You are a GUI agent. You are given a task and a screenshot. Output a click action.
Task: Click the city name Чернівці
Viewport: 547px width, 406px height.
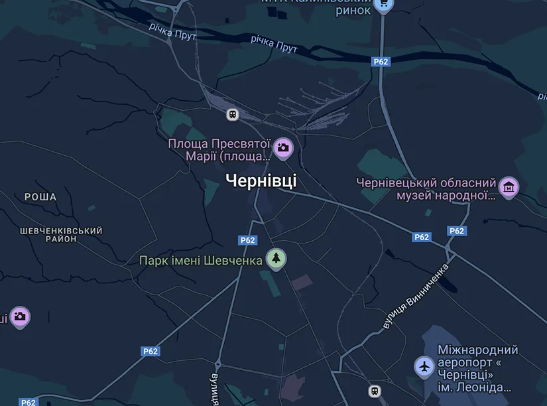click(261, 180)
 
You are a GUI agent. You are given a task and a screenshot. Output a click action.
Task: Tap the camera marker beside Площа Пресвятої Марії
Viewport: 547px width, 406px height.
click(283, 148)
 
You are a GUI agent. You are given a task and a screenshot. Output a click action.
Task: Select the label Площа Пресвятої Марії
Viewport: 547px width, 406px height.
click(219, 150)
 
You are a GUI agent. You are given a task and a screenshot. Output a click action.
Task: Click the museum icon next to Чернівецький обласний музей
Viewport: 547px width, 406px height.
click(509, 188)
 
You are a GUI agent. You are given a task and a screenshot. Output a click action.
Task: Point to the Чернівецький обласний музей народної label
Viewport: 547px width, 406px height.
click(426, 188)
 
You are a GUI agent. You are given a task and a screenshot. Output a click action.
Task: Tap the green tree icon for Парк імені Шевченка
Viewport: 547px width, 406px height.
click(276, 258)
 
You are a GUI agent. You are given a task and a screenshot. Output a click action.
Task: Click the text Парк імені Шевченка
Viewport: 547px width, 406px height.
click(201, 260)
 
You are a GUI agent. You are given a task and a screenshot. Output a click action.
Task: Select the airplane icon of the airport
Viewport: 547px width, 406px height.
click(424, 366)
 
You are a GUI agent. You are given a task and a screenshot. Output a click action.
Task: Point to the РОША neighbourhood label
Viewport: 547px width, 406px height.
click(40, 197)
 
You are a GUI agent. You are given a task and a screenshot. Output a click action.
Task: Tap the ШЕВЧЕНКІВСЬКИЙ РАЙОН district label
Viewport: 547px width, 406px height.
click(61, 235)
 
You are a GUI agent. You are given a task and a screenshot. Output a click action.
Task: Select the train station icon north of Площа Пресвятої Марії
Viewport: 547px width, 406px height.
click(233, 114)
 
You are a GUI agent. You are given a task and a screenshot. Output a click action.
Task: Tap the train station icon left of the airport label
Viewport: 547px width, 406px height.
click(375, 391)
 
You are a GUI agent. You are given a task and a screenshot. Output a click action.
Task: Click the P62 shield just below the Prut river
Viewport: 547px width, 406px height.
click(381, 62)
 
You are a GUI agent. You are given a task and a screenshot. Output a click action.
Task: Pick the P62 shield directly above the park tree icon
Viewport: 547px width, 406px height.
click(247, 240)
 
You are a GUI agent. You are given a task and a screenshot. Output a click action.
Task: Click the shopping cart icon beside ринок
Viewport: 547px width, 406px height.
click(383, 5)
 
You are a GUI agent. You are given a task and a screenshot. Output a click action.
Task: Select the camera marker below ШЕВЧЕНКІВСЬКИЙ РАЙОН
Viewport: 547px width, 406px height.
click(20, 316)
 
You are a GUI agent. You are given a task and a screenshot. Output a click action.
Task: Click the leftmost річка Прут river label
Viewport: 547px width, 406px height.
click(172, 31)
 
